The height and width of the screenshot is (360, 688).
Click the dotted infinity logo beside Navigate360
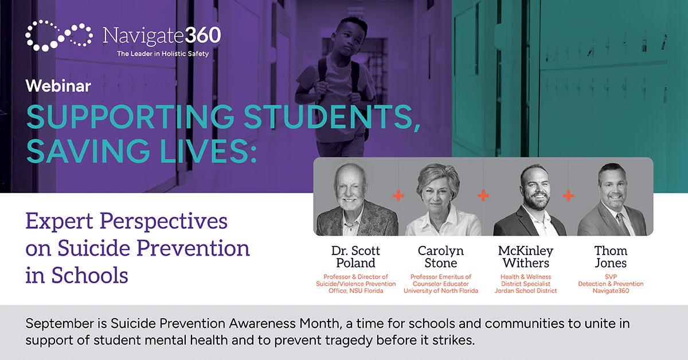(x=58, y=36)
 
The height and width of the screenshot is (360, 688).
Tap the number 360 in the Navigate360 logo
(x=203, y=35)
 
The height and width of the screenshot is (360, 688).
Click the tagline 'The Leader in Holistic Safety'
(x=163, y=54)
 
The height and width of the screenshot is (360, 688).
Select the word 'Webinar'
(x=58, y=85)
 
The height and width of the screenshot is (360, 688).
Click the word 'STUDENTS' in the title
(x=332, y=117)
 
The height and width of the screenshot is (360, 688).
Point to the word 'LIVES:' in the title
(x=208, y=151)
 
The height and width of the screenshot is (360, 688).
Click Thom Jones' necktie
(x=623, y=224)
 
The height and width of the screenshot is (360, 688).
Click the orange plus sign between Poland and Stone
(x=398, y=195)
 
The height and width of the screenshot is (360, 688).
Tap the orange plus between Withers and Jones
(x=568, y=195)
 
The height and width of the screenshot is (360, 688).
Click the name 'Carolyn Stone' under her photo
(x=441, y=257)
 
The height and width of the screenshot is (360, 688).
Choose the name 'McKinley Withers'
(x=526, y=257)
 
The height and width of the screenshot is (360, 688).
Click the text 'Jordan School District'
(x=526, y=291)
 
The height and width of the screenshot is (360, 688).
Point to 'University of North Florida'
(x=441, y=291)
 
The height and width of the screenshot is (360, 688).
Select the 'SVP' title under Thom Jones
(x=611, y=276)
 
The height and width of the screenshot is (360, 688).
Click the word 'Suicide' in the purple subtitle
(x=94, y=248)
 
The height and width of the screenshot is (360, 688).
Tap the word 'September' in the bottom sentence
(x=60, y=324)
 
